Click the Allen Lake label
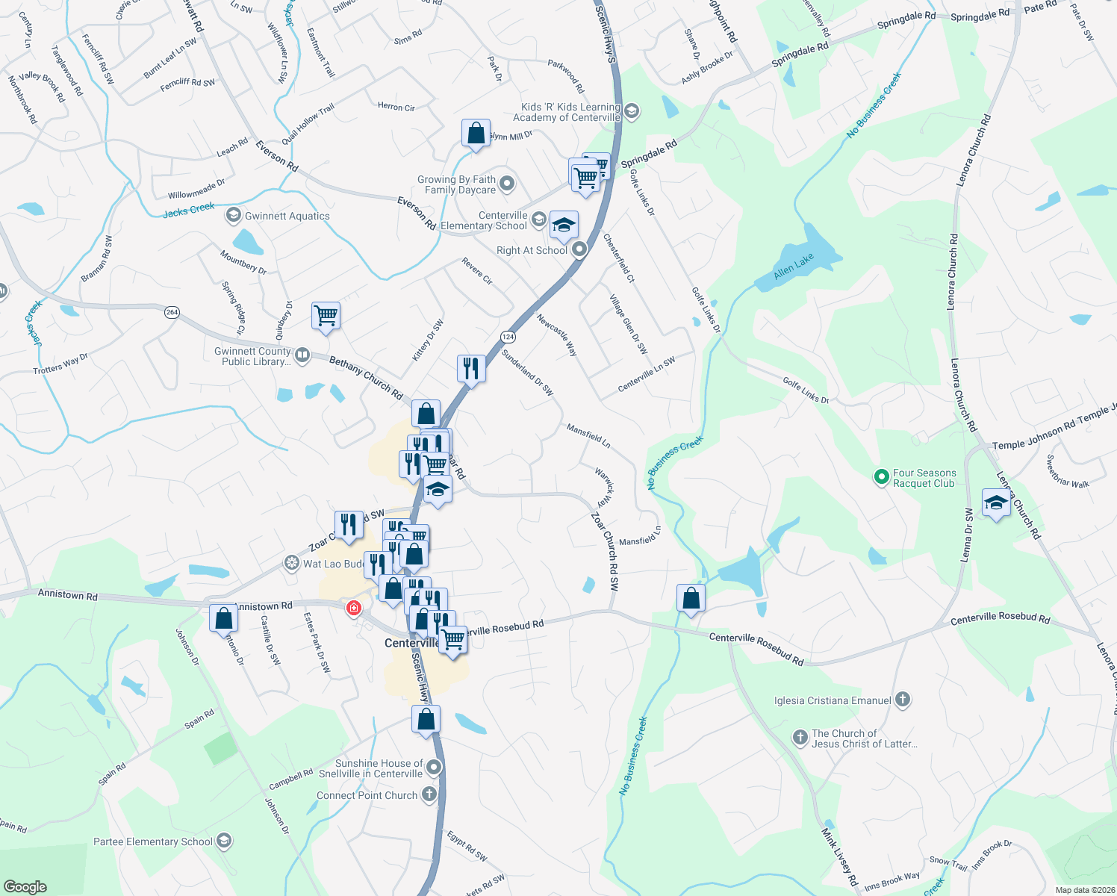(793, 267)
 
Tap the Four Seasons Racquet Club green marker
(881, 476)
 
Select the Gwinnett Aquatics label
(287, 217)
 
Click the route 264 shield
(172, 312)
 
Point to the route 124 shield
(508, 337)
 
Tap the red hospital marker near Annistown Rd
(354, 608)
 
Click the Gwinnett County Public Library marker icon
(302, 355)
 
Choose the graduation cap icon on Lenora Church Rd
(996, 503)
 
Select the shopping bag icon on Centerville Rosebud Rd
(691, 598)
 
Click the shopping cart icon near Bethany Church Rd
(326, 315)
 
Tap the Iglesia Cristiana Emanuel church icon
(903, 700)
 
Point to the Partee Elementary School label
(153, 841)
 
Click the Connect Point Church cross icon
(429, 794)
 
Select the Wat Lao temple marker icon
(292, 563)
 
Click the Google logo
(25, 886)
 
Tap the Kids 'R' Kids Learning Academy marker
(632, 112)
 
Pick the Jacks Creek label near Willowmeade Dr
(189, 210)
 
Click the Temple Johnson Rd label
(1033, 439)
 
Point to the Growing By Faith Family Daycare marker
(508, 183)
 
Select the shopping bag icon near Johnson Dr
(223, 618)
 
